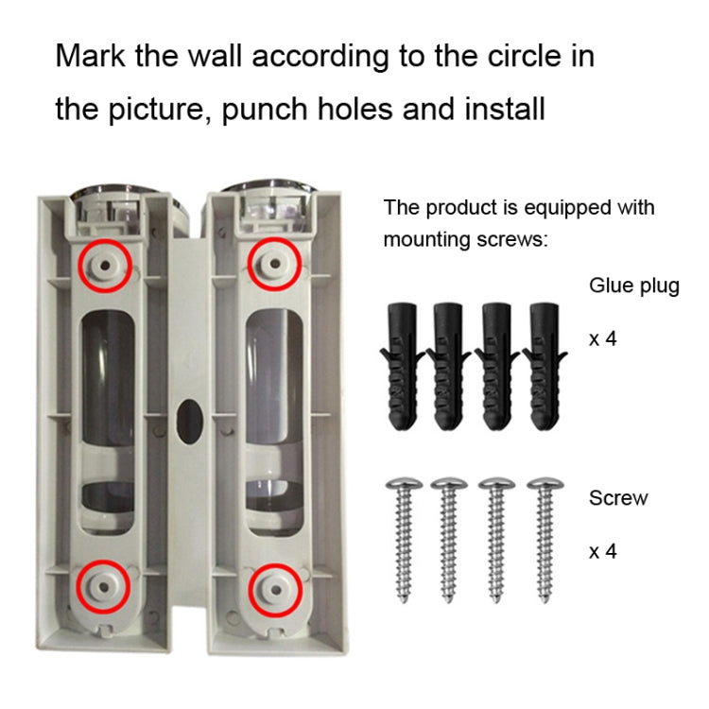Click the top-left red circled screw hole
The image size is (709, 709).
(104, 266)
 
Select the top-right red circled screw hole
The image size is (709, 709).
(274, 264)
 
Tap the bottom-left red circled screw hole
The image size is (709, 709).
(104, 587)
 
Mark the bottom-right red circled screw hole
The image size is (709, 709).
(276, 590)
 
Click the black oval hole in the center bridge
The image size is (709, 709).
(189, 422)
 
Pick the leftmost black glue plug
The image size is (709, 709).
(402, 366)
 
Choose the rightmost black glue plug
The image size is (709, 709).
(545, 366)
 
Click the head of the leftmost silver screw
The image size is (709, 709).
(405, 483)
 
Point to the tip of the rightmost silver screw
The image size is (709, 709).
(545, 600)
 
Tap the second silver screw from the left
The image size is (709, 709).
(448, 540)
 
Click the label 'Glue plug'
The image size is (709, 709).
(634, 286)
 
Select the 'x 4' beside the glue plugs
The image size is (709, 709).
(603, 338)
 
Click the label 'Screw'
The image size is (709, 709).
(618, 498)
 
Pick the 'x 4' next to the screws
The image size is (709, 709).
(603, 551)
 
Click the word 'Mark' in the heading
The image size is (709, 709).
(90, 56)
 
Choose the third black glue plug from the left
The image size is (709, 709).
(496, 366)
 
